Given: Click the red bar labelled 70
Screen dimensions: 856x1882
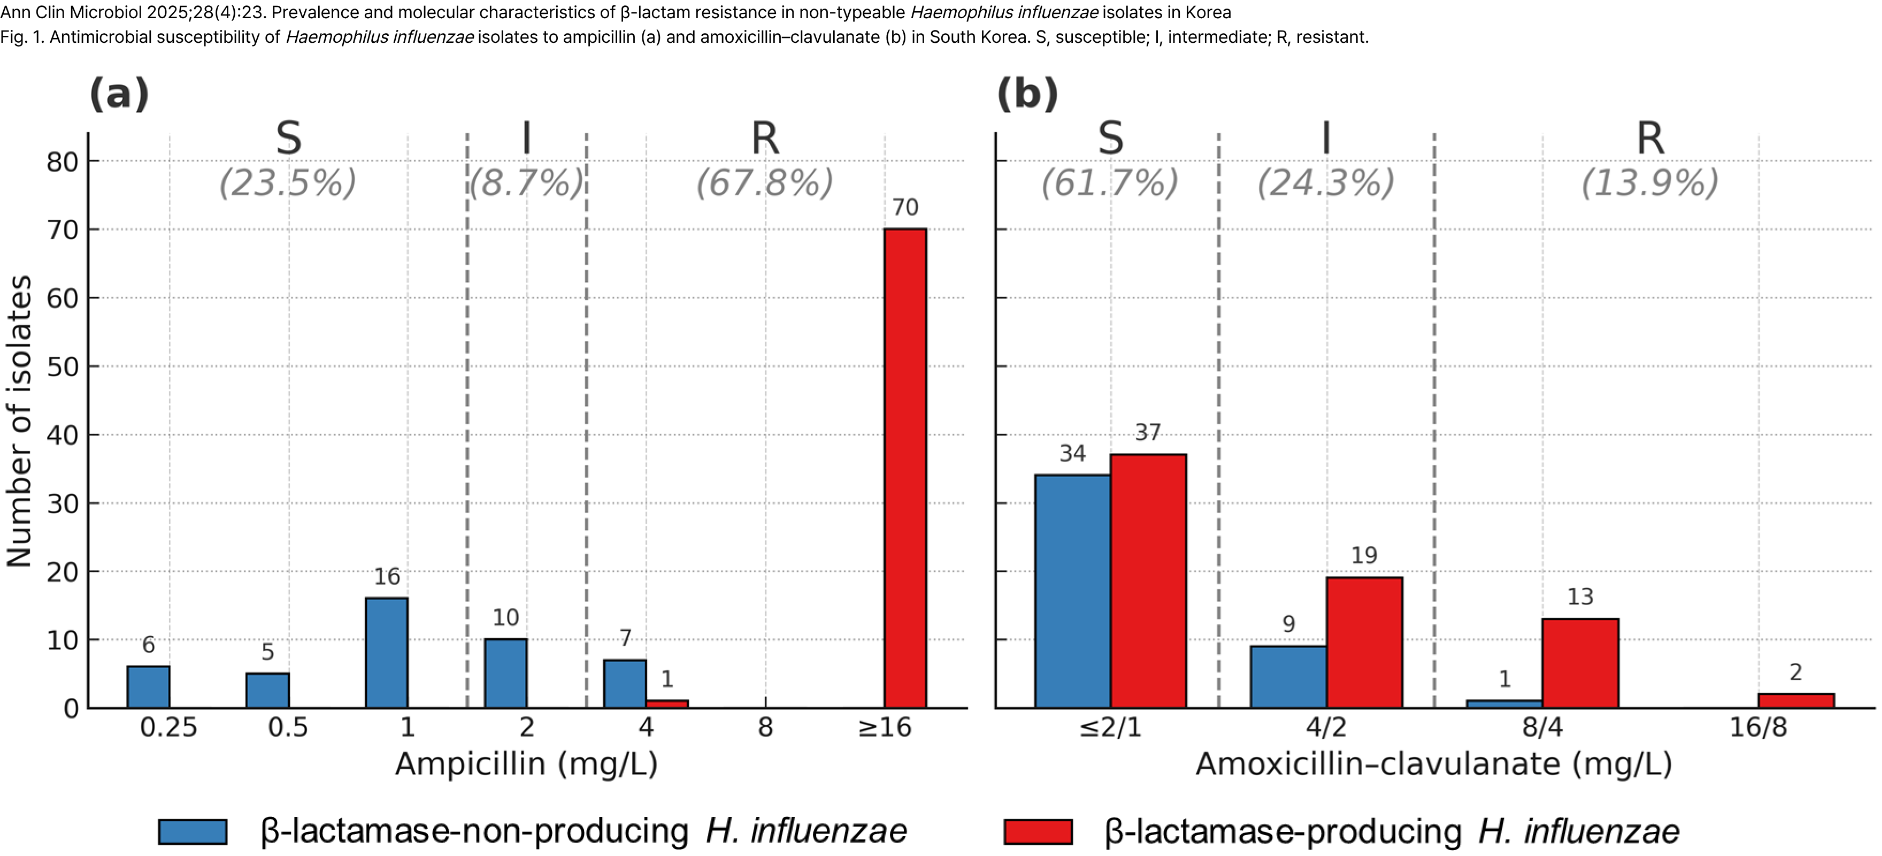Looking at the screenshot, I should [x=905, y=468].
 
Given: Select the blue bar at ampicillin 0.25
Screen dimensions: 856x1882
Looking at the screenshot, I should [x=148, y=687].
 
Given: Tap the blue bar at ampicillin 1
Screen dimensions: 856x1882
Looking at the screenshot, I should [x=387, y=653].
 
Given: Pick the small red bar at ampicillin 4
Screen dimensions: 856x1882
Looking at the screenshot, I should [x=667, y=704].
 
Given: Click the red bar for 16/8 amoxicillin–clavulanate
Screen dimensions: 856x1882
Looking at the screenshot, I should [x=1796, y=700].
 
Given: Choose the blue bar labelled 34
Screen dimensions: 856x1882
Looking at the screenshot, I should [x=1072, y=591].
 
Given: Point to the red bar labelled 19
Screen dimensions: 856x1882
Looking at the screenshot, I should [x=1364, y=642].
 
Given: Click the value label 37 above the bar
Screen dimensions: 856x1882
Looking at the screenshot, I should [x=1148, y=433].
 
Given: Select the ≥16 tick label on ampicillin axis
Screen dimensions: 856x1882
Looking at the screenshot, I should [x=884, y=728].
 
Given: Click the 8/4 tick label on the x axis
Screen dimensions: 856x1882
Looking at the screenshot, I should [x=1542, y=728].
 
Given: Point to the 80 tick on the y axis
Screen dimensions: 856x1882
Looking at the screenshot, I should [x=63, y=162].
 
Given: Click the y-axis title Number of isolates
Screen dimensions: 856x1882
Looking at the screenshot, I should [x=20, y=421].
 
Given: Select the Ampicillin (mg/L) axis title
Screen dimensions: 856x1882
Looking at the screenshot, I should [x=526, y=765].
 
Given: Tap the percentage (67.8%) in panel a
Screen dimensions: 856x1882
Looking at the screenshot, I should [x=764, y=183].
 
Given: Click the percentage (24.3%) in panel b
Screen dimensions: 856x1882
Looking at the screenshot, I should [x=1325, y=183].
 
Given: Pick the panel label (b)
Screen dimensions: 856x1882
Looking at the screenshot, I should [x=1027, y=94].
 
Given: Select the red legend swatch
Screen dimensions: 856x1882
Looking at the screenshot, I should [x=1038, y=832].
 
